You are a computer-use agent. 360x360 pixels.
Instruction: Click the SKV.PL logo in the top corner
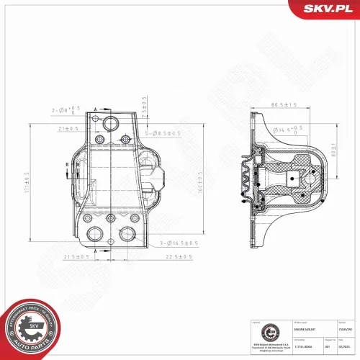tap(326, 8)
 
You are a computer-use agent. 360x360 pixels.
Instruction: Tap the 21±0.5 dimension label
tap(69, 128)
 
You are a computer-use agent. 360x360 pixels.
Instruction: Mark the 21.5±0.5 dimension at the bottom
tap(75, 256)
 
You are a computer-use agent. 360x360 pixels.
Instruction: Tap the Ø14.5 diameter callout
tap(286, 130)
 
